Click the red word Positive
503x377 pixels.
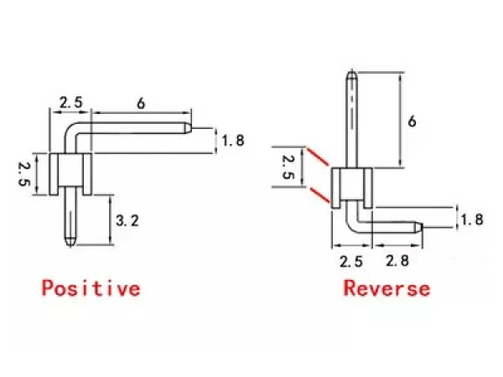(x=91, y=289)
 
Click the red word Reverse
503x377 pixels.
(x=386, y=289)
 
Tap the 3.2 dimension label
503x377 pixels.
(x=127, y=221)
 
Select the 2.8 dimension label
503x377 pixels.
(x=397, y=261)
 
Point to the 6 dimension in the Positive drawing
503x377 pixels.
(x=141, y=103)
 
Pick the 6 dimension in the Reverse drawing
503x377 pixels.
(x=412, y=121)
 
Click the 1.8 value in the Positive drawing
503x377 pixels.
(x=232, y=141)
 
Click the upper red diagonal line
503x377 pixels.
(x=319, y=159)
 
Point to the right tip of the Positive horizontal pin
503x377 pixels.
(x=190, y=129)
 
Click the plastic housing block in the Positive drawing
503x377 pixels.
(x=70, y=173)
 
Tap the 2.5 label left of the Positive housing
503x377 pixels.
(x=24, y=174)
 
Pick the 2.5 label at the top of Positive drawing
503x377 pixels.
(x=70, y=103)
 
